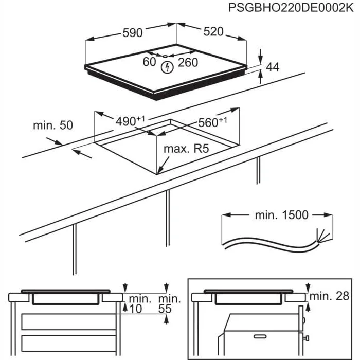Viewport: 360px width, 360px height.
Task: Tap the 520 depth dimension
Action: (213, 32)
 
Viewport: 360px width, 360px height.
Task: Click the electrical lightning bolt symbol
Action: (166, 66)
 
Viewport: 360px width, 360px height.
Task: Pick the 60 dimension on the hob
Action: (149, 62)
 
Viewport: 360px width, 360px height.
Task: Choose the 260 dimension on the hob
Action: (188, 63)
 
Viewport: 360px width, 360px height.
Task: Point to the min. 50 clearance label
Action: (53, 125)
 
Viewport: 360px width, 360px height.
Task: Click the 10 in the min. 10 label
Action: (135, 309)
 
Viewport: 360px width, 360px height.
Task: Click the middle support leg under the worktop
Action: (167, 216)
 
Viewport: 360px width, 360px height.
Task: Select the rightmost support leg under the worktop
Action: (258, 170)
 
